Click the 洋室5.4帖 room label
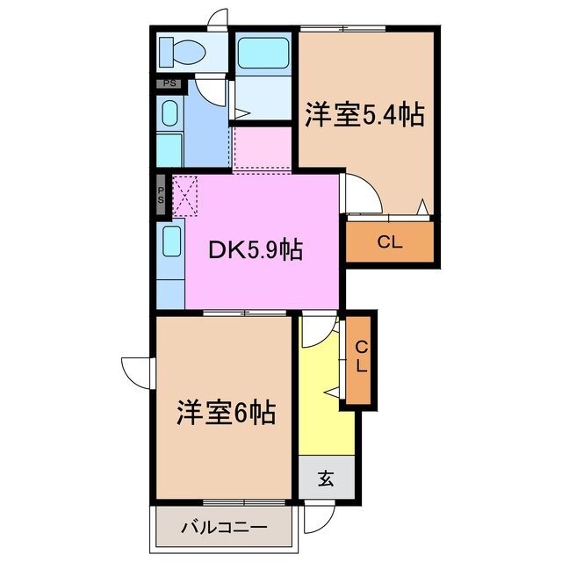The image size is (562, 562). click(364, 115)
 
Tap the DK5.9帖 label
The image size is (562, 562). click(256, 250)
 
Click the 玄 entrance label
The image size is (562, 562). click(326, 479)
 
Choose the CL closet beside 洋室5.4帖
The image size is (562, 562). click(390, 243)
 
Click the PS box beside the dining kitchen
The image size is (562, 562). click(162, 194)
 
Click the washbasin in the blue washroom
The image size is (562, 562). click(169, 112)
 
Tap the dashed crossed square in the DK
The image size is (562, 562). click(185, 194)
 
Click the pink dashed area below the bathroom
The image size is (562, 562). click(263, 148)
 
